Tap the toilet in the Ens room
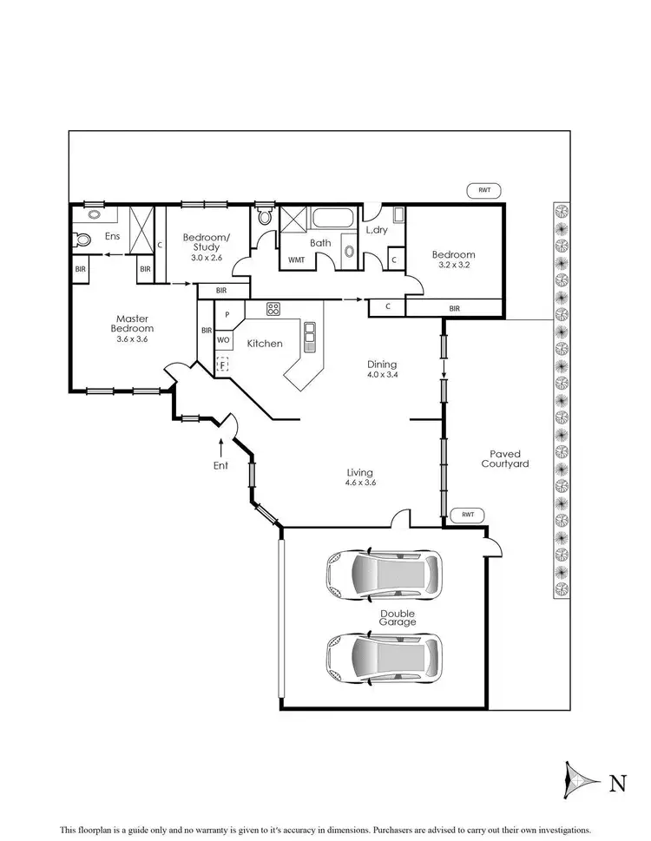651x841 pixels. (83, 239)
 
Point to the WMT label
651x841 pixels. (295, 260)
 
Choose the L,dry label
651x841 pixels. (376, 229)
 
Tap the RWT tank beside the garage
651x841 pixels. (468, 515)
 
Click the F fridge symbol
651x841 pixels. (222, 365)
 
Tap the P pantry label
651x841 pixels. (227, 314)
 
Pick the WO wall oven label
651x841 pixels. (223, 339)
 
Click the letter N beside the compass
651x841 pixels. (617, 784)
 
